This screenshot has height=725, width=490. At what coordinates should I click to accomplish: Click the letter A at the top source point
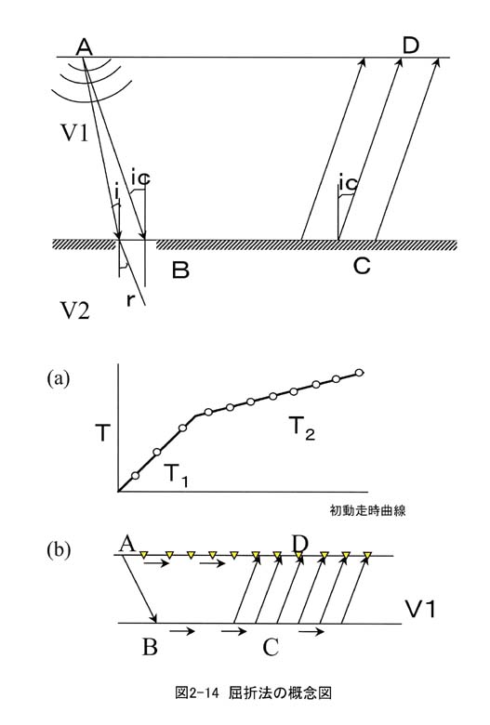(85, 46)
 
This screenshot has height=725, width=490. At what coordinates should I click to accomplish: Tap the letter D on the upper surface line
(410, 46)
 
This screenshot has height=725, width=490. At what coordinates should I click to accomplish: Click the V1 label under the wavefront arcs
(74, 133)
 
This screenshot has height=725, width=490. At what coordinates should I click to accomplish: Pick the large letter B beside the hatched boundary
(180, 270)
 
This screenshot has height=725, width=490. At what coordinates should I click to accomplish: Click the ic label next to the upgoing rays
(348, 183)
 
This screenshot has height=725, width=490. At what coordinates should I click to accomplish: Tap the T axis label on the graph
(103, 433)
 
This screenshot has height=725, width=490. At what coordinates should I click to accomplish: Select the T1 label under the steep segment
(177, 475)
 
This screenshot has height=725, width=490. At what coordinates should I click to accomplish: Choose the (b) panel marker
(59, 550)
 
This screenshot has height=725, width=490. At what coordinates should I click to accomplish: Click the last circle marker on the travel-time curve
(359, 373)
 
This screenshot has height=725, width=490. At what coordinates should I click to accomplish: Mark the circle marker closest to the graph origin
(135, 476)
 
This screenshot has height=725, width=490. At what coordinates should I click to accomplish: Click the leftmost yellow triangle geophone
(144, 554)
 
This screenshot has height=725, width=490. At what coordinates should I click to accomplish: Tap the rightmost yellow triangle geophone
(368, 554)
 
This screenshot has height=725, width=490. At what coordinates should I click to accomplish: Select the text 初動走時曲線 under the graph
(368, 510)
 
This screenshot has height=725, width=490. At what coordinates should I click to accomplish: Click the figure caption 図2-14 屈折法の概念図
(253, 692)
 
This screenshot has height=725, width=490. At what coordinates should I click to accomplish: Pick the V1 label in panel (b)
(420, 610)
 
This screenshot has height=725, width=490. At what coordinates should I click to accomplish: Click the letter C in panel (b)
(271, 647)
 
